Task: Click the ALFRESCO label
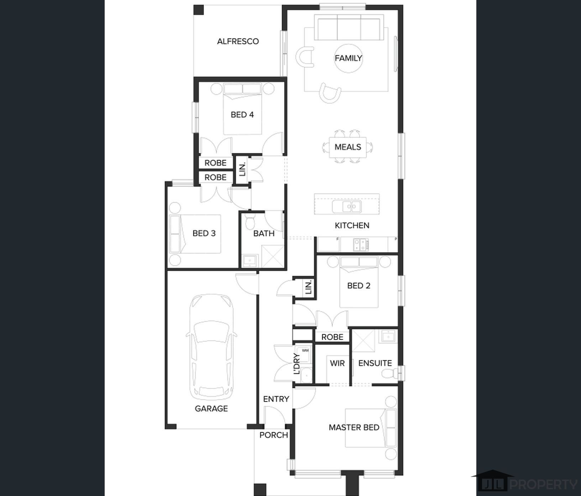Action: (x=238, y=41)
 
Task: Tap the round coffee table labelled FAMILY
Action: (x=349, y=58)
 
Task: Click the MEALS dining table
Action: (x=348, y=147)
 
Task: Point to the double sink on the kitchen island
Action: (x=347, y=206)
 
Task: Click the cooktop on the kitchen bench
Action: (x=361, y=244)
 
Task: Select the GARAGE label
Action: (x=211, y=408)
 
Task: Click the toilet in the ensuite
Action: (x=391, y=373)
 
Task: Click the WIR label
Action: (x=337, y=363)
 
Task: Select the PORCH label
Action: (x=273, y=435)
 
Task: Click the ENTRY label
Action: (x=276, y=399)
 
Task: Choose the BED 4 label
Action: (x=242, y=115)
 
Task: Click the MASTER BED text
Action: (x=354, y=428)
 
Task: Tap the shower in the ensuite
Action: (x=363, y=342)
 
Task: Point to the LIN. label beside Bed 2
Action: (x=308, y=287)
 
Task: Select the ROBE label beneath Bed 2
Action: (x=332, y=337)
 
